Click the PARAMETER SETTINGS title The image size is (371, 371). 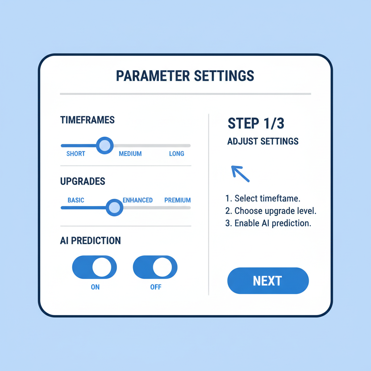pos(185,76)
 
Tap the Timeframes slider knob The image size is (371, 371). pos(105,145)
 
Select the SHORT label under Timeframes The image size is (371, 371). pos(76,154)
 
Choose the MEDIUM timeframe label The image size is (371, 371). pos(130,154)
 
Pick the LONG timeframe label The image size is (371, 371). pos(176,154)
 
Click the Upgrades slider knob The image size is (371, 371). pos(114,208)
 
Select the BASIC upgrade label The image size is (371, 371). pos(76,200)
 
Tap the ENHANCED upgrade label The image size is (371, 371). pos(138,200)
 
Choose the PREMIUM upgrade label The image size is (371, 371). pos(178,200)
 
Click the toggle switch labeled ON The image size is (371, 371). pos(95,267)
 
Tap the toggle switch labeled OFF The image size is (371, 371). pos(155,267)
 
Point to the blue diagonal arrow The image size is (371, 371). pos(240,174)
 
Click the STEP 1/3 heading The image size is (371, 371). pos(256,124)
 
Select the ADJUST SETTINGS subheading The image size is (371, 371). pos(263,141)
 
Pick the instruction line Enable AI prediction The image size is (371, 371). pos(268,223)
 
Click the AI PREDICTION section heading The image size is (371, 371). pos(90,241)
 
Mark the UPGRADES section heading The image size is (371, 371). pos(83,181)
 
